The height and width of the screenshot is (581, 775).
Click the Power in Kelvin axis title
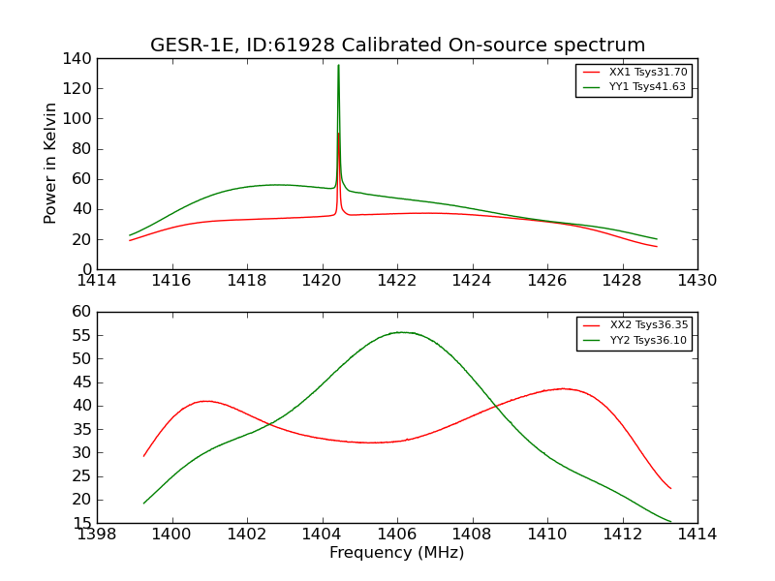(50, 163)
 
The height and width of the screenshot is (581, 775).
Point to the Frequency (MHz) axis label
(396, 553)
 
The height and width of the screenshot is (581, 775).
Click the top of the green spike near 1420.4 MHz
(338, 65)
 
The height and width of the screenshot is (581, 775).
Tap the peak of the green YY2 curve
(400, 332)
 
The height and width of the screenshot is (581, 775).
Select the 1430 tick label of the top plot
(697, 281)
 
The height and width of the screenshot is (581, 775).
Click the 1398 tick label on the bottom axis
(97, 535)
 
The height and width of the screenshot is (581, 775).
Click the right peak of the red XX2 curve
(564, 388)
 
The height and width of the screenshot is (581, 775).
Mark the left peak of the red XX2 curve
(206, 401)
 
